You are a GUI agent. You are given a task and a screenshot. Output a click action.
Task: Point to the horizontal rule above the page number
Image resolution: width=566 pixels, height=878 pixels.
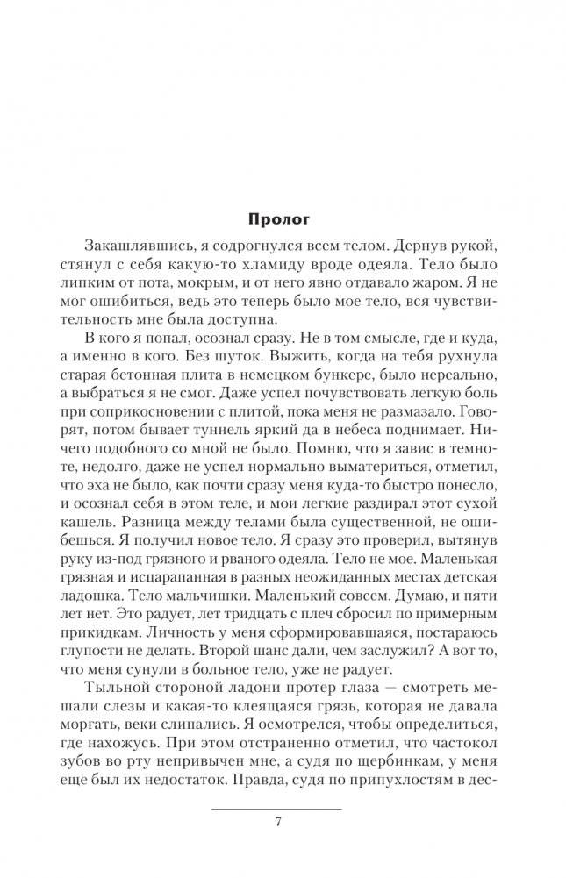[277, 807]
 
